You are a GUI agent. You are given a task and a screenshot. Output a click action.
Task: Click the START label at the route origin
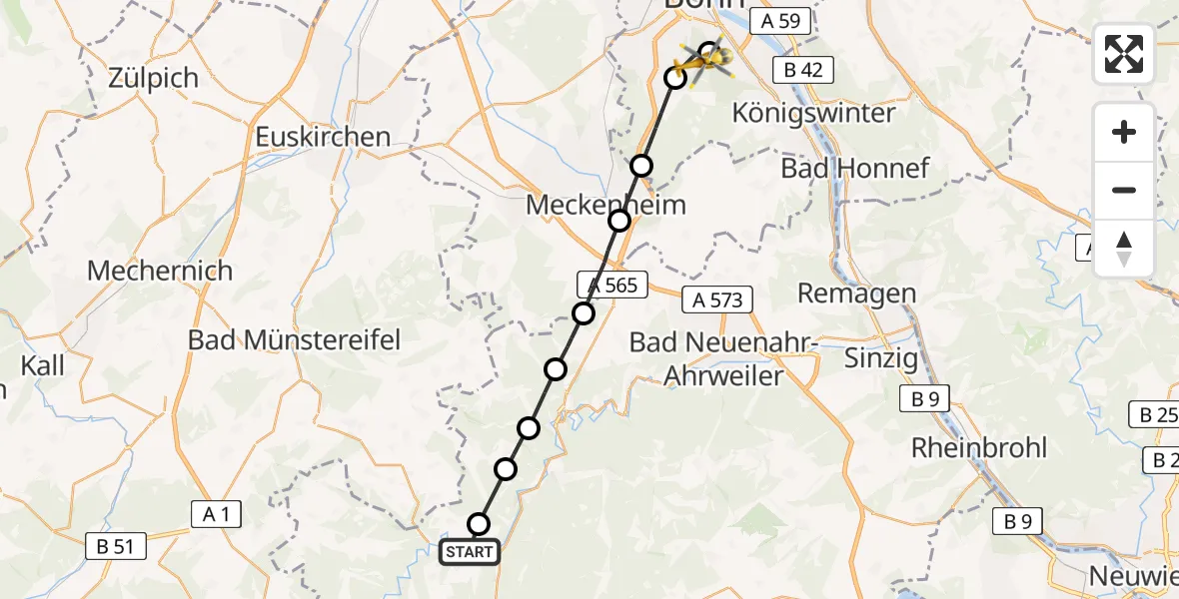470,552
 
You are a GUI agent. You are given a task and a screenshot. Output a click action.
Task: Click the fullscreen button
1124,54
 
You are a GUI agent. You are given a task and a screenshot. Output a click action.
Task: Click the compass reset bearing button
1124,249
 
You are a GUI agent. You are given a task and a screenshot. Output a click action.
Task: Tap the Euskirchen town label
323,137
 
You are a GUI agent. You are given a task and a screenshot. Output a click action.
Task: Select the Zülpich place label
156,78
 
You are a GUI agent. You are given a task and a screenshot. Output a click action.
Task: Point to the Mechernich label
160,271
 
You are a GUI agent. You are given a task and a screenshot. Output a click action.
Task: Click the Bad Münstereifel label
294,339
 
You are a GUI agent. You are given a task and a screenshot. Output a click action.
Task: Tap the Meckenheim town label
605,206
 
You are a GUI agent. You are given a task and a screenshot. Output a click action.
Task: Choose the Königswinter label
813,113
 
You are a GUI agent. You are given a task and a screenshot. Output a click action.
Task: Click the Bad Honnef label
855,168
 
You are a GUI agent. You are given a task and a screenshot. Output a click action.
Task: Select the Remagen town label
856,294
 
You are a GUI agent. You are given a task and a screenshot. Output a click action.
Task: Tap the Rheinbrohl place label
979,447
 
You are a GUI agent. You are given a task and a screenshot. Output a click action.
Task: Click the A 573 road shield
717,299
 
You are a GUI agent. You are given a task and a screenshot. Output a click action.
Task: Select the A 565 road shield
612,285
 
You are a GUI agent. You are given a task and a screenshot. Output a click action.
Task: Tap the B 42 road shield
803,68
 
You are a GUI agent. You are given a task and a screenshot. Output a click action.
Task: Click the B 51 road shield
117,546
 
